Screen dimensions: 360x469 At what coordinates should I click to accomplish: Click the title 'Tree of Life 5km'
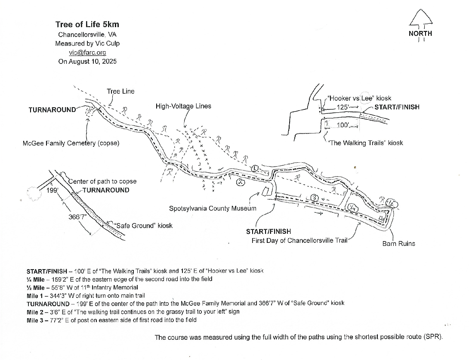tap(87, 25)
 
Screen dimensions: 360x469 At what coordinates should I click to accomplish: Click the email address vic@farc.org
tap(87, 53)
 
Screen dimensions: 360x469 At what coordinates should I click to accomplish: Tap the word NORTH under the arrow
tap(420, 34)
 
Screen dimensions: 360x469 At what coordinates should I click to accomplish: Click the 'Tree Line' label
tap(120, 91)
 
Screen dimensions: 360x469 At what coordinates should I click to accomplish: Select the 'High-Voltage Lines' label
tap(183, 106)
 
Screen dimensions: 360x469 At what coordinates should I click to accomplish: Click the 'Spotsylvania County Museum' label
tap(213, 208)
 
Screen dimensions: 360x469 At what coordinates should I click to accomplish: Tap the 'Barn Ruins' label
tap(398, 244)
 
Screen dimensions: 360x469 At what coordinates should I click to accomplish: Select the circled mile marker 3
tap(314, 198)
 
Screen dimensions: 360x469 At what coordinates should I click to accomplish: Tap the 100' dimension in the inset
tap(343, 125)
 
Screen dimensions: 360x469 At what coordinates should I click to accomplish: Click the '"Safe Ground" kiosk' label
tap(142, 226)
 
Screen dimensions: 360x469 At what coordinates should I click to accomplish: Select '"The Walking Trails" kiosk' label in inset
tap(365, 143)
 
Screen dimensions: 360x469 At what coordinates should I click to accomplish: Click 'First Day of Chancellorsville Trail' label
tap(299, 240)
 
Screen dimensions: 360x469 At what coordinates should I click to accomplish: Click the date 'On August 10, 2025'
tap(87, 62)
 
